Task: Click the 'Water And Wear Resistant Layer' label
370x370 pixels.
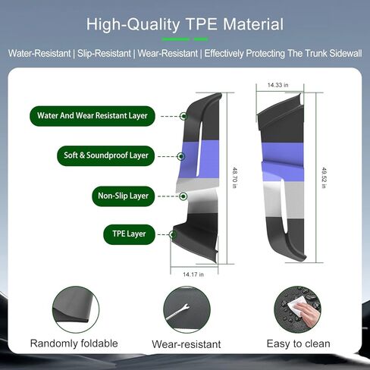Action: pos(92,116)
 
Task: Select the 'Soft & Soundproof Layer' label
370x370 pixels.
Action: pos(106,155)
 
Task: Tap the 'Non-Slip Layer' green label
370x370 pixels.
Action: pos(123,196)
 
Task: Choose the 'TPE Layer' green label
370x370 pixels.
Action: pos(129,234)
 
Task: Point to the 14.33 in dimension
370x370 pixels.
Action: pos(277,85)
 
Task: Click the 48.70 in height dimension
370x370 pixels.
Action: pos(234,177)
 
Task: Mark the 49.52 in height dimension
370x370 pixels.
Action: pos(324,177)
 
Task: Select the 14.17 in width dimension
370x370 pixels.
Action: pos(193,274)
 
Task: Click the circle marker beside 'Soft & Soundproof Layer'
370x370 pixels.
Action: pos(180,156)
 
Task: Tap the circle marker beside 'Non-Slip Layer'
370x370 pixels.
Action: pos(183,196)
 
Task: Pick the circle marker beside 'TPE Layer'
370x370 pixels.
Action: pos(173,234)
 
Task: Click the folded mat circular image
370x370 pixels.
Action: pos(76,309)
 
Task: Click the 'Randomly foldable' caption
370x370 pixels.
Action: pos(74,343)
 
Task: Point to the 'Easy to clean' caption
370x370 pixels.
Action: pos(299,343)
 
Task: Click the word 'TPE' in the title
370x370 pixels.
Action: pos(201,24)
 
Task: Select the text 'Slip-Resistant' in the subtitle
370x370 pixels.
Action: pos(104,53)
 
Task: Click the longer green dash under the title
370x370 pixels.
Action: pos(175,39)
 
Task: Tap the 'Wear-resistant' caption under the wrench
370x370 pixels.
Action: pos(187,344)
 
